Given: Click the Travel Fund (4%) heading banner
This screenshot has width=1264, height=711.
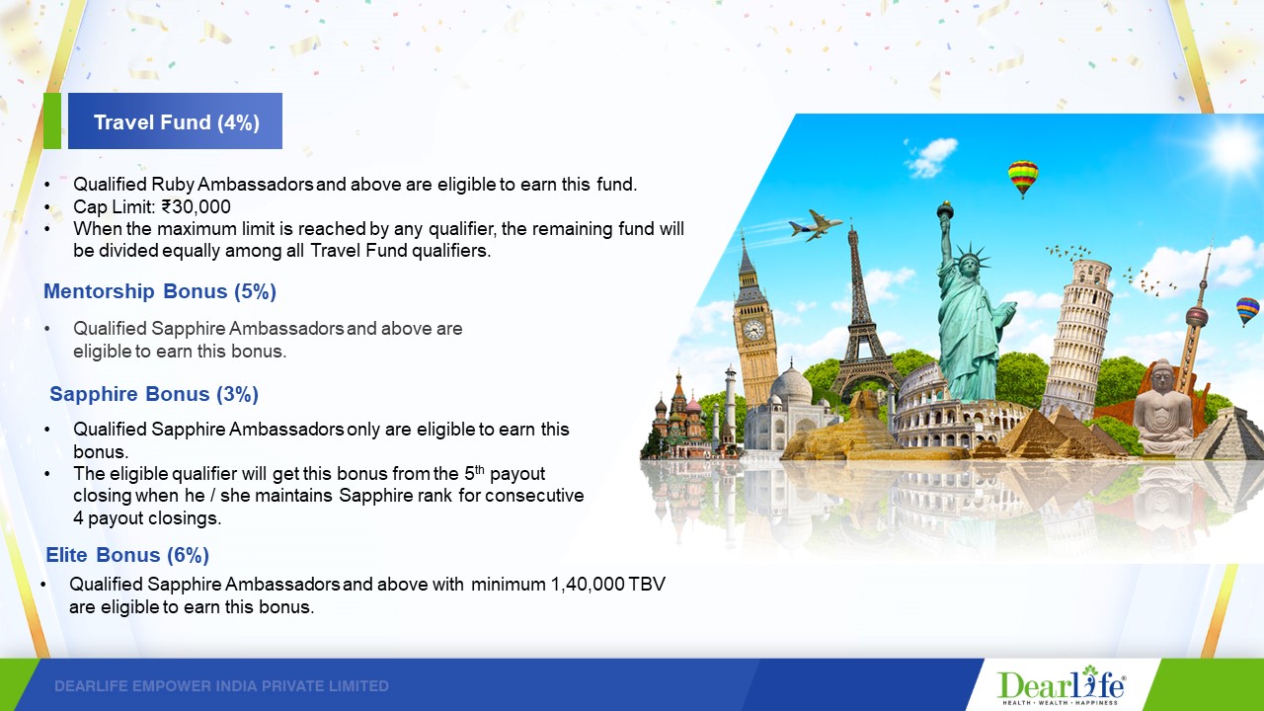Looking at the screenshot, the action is [x=175, y=120].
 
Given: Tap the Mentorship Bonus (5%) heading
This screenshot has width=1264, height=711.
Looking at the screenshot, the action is [x=160, y=291].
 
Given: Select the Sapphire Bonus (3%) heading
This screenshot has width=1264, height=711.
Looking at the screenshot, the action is [x=154, y=394].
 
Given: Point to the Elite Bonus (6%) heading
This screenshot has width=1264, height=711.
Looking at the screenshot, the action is [x=127, y=555].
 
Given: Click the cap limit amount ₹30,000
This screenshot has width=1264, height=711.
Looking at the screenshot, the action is [x=196, y=206].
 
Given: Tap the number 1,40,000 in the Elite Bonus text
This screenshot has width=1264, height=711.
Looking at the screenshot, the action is [x=588, y=584].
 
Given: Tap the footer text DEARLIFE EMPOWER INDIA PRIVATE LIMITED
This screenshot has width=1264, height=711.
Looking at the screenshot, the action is [x=222, y=686].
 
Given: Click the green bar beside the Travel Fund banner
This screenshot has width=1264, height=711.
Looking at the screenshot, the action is [x=52, y=120].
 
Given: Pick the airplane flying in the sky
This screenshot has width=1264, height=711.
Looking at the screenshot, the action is [x=816, y=224].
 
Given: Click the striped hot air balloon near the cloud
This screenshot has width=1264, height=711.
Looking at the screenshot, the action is [x=1023, y=179].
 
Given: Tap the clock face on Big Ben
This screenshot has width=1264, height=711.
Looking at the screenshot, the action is [x=753, y=330].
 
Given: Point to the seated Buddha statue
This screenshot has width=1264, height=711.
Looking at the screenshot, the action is [x=1162, y=408].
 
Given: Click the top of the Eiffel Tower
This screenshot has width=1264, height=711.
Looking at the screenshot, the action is [x=852, y=231].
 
